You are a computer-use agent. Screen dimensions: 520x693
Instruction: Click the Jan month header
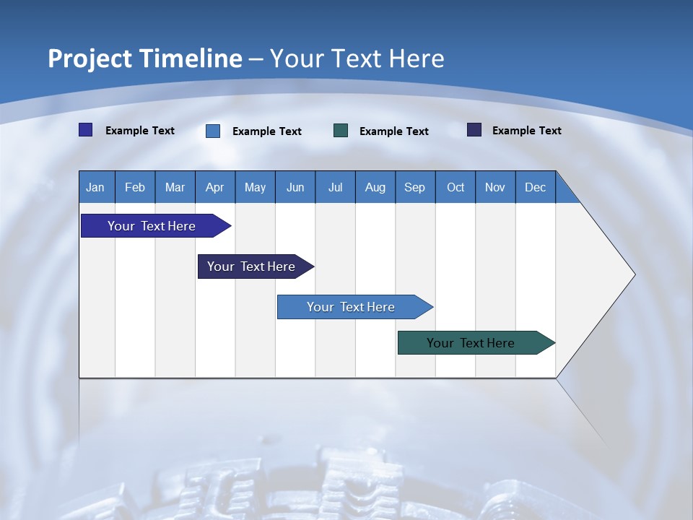tap(95, 187)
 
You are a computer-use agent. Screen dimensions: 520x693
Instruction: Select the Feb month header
tap(135, 187)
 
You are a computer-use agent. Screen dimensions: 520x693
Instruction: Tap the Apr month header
tap(214, 187)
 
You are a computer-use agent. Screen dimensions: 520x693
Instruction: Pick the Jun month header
tap(295, 187)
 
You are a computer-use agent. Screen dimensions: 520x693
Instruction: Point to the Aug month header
tap(375, 187)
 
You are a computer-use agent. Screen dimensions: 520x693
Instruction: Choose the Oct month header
tap(456, 187)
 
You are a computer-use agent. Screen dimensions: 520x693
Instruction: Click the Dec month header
tap(536, 187)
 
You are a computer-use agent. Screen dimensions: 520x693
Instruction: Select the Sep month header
tap(415, 187)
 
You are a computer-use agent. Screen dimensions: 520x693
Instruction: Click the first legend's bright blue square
tap(86, 130)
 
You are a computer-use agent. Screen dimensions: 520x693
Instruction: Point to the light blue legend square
tap(213, 131)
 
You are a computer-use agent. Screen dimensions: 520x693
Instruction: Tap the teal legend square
tap(341, 130)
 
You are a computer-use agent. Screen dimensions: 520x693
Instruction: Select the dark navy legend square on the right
tap(474, 130)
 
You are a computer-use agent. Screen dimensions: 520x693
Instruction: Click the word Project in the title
tap(89, 58)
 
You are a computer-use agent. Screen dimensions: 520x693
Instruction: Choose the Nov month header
tap(495, 187)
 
